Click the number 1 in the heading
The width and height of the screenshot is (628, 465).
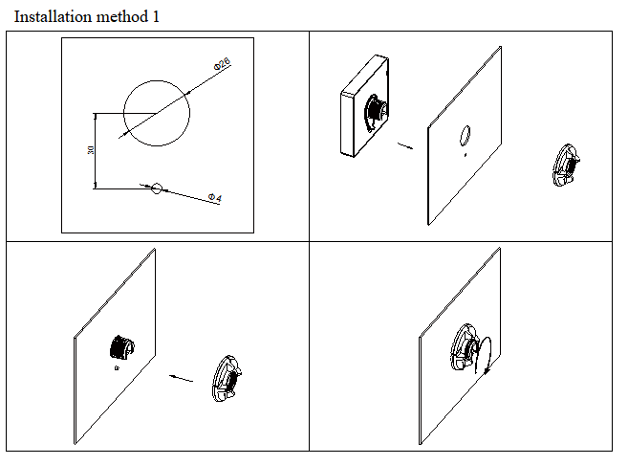coord(156,17)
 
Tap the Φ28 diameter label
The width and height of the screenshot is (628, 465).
coord(222,64)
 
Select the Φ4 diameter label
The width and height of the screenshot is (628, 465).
coord(215,197)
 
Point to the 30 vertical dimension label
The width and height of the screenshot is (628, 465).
coord(91,150)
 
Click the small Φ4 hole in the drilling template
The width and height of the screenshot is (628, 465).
coord(157,188)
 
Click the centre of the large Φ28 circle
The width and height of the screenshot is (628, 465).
coord(157,114)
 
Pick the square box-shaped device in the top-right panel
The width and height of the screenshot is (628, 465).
coord(364,106)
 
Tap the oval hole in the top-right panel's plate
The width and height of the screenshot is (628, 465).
coord(465,135)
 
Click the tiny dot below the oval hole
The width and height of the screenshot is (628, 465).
coord(465,155)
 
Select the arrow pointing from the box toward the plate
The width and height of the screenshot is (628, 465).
coord(405,145)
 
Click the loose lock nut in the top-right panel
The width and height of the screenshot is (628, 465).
coord(566,166)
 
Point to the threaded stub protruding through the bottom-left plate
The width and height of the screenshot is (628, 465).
coord(121,347)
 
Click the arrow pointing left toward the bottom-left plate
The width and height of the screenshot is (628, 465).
coord(181,378)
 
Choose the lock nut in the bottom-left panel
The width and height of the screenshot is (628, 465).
coord(227,379)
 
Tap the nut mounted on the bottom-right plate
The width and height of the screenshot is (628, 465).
coord(465,346)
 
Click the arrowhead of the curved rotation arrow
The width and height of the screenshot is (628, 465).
coord(487,371)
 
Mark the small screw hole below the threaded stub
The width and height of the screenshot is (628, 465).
coord(117,368)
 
